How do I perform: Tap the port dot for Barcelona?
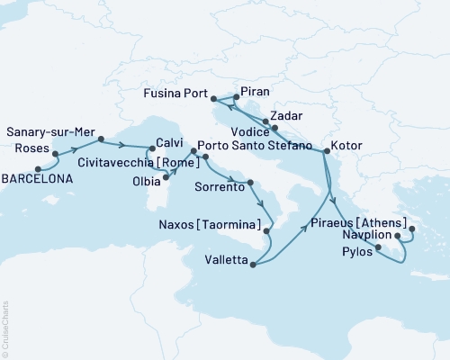pos(37,168)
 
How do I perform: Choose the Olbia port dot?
pos(166,177)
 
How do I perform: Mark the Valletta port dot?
pos(255,265)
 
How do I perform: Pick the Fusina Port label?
pos(179,93)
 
